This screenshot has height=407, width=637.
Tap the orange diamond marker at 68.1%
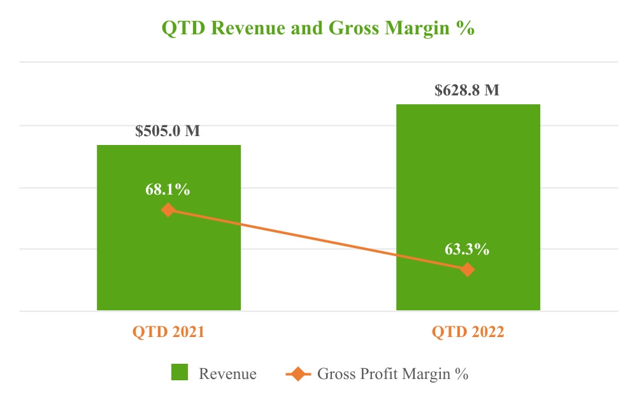click(168, 209)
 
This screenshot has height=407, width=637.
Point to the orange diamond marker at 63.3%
click(468, 270)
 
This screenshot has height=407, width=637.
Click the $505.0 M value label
click(168, 132)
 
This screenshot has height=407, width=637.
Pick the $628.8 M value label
click(467, 90)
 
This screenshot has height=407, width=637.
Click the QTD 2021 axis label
click(168, 332)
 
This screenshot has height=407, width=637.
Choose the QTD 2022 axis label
click(468, 332)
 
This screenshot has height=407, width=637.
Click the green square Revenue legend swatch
click(181, 373)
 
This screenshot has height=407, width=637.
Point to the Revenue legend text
click(228, 374)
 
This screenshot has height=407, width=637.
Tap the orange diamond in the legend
click(297, 373)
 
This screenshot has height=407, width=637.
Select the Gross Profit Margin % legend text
click(393, 374)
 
